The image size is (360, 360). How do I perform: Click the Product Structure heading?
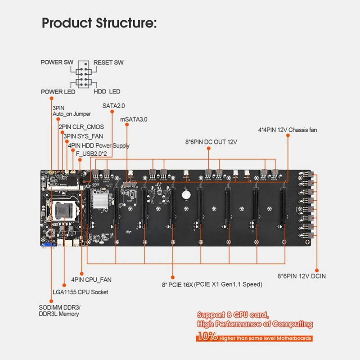[99, 23]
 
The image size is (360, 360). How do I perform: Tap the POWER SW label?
[57, 62]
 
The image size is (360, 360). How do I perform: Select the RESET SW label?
[108, 63]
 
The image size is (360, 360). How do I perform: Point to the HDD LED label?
[107, 91]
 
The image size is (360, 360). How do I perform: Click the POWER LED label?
[58, 92]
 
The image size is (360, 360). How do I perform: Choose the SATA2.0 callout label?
[114, 106]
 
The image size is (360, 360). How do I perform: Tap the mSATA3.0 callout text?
[134, 119]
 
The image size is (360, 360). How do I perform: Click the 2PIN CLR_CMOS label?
[81, 127]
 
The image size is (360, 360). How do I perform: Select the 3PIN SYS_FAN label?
[83, 136]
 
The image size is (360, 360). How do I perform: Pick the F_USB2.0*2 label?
[91, 153]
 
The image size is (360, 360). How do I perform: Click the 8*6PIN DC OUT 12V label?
[211, 142]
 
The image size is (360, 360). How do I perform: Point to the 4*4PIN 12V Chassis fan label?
[288, 130]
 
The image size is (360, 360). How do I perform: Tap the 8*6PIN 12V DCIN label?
[301, 276]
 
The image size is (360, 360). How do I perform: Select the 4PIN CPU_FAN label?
[91, 279]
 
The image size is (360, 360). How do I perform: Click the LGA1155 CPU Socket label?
[81, 292]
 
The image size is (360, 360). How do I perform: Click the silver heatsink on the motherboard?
[100, 200]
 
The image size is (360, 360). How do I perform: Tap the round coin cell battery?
[186, 195]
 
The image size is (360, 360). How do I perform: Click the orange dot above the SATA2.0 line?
[112, 112]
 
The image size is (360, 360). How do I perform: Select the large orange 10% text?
[207, 336]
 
